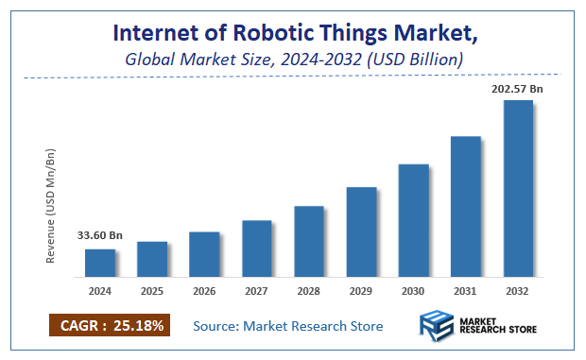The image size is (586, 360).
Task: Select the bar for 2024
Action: click(x=100, y=264)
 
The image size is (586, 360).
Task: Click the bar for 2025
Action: click(x=152, y=260)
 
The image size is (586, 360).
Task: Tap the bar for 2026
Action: click(x=204, y=255)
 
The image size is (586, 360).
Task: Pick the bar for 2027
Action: click(x=257, y=249)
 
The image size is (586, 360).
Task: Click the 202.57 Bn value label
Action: click(x=517, y=88)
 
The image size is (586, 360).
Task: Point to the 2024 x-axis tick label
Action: click(x=99, y=292)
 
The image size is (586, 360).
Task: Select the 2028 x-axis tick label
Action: click(x=309, y=292)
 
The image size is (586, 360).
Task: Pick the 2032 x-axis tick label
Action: click(x=518, y=292)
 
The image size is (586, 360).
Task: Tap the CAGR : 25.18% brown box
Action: click(x=110, y=326)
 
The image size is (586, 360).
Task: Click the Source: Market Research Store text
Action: click(x=288, y=326)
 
